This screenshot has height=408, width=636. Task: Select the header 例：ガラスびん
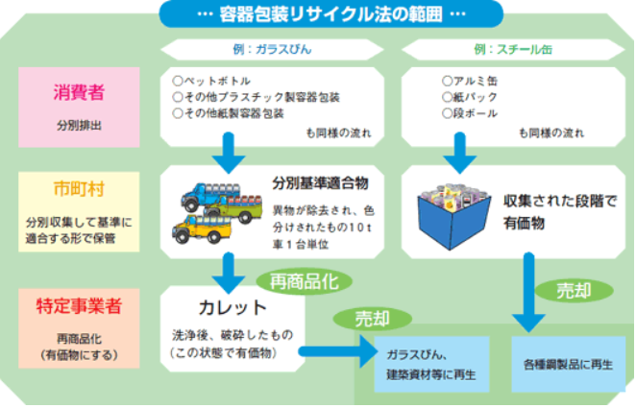tap(236, 48)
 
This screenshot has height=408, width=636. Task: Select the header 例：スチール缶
tap(505, 48)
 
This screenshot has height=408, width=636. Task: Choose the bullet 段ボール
tap(471, 112)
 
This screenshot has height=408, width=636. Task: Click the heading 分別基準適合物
tap(321, 181)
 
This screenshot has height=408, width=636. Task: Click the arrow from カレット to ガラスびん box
tap(337, 353)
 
